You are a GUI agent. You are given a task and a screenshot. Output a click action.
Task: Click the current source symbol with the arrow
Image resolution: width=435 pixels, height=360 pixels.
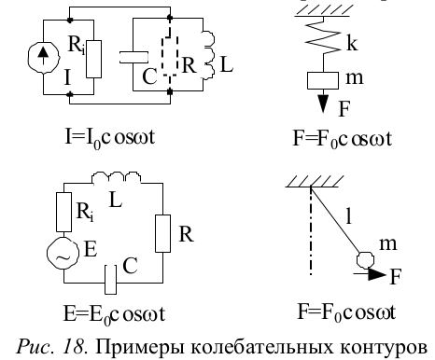43,58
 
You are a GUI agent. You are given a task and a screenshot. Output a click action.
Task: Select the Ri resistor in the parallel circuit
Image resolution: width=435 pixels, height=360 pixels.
93,59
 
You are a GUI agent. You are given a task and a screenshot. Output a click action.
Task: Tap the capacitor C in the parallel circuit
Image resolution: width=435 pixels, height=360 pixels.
133,58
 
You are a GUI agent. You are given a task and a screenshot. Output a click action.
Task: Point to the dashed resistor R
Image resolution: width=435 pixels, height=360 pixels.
170,56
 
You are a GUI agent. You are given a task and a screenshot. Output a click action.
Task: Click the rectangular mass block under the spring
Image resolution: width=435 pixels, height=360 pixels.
323,80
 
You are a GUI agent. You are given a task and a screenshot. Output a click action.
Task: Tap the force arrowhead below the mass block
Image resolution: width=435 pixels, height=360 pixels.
323,104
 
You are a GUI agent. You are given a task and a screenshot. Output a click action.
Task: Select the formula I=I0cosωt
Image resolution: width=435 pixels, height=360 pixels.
110,138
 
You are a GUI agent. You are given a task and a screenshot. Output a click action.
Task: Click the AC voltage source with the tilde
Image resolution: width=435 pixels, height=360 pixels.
63,253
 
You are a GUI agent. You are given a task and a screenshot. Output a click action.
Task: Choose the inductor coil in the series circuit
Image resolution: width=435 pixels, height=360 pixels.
117,177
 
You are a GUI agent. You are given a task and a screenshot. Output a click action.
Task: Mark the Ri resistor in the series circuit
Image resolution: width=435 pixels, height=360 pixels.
63,212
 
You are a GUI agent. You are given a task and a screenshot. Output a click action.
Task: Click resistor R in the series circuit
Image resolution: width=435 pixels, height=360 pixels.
162,233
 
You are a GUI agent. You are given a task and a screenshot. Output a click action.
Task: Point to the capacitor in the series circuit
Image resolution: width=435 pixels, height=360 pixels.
110,280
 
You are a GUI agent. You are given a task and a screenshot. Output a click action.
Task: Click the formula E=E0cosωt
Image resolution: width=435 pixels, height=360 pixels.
115,314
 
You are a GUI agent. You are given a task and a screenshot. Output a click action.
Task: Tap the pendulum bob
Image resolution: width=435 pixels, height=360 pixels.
365,260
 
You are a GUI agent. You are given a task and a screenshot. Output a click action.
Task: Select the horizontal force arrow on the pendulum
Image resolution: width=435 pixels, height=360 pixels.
370,274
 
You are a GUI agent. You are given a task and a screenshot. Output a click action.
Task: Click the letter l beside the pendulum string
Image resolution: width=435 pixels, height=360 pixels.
349,215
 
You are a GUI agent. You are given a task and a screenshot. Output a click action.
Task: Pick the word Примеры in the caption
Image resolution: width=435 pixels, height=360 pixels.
139,347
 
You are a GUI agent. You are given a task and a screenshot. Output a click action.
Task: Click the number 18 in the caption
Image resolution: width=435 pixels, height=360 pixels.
73,346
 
